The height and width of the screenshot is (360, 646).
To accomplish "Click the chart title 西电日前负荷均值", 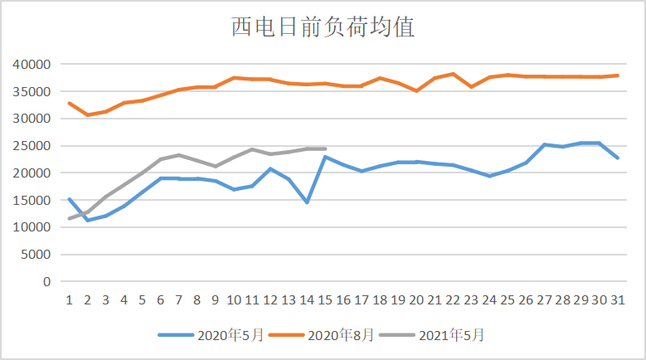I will point(322,27).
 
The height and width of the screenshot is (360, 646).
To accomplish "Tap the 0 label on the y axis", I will point(47,282).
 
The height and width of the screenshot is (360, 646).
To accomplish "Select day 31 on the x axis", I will point(618,299).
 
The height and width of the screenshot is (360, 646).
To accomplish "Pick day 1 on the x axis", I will point(69,299).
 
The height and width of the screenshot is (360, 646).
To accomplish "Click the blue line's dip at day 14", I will point(308,202).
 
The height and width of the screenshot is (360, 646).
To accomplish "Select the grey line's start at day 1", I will point(69,219).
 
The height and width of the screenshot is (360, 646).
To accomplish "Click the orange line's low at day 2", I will point(87,115).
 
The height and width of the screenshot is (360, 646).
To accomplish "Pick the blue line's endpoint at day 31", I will point(618,158).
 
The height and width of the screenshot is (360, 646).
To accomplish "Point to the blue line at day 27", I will point(545,144).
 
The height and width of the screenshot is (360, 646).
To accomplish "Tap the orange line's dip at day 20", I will point(417,90).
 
